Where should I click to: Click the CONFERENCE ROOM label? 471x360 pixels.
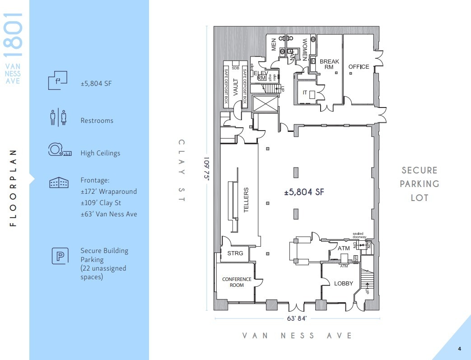click(x=236, y=282)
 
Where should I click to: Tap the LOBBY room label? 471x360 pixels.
click(x=343, y=284)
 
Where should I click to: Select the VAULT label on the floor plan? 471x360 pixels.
click(x=235, y=87)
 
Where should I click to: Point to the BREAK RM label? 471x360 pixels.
click(x=329, y=64)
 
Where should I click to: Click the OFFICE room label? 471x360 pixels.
click(x=359, y=67)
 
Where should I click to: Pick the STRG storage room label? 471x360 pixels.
click(x=235, y=253)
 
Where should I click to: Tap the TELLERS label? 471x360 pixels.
click(x=247, y=200)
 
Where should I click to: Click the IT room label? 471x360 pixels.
click(x=305, y=92)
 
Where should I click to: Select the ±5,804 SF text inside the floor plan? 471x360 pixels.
click(x=304, y=192)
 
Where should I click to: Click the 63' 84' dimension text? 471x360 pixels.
click(x=297, y=318)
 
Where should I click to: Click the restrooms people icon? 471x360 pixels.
click(x=58, y=117)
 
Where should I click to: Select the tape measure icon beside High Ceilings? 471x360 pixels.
click(x=60, y=150)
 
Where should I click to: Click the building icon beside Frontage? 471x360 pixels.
click(x=59, y=182)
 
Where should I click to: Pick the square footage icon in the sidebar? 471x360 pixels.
click(x=58, y=80)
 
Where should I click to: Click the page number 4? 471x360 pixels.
click(x=459, y=348)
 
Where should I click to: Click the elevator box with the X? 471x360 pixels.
click(x=264, y=105)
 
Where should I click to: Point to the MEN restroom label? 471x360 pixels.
click(x=273, y=45)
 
